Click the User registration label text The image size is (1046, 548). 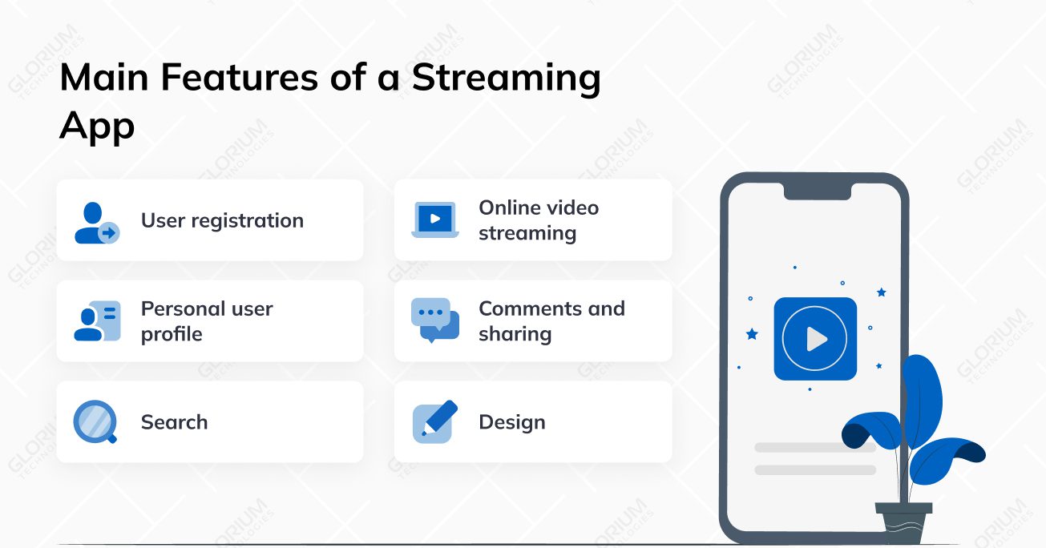[x=222, y=220]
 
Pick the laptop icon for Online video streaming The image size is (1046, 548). [x=435, y=220]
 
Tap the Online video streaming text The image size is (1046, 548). [x=538, y=220]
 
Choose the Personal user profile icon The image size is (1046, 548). [x=97, y=321]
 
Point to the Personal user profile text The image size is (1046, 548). [x=207, y=321]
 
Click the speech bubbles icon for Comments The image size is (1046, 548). [x=435, y=320]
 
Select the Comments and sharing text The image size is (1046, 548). [x=551, y=321]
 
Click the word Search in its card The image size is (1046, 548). [x=174, y=422]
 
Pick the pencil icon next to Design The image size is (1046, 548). [x=434, y=421]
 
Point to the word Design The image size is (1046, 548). [x=511, y=422]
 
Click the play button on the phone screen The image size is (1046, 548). [x=814, y=339]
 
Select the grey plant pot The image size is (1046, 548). [x=903, y=522]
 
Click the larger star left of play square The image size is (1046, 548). [x=752, y=334]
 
